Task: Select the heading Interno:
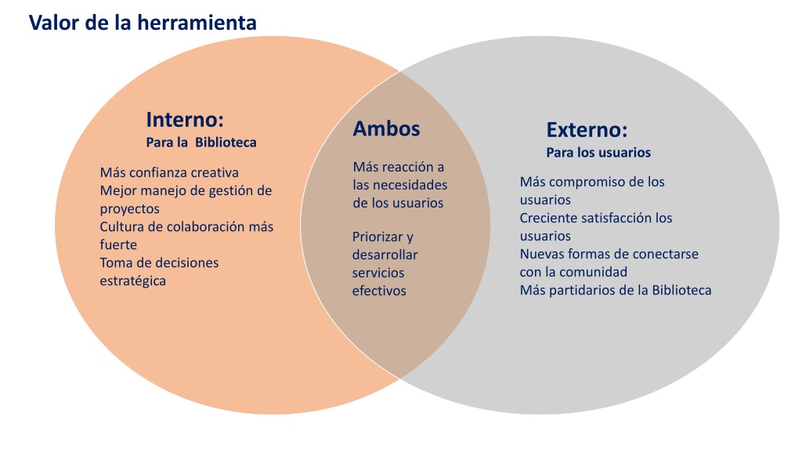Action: point(185,120)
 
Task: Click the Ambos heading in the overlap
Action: point(386,129)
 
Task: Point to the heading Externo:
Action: point(587,130)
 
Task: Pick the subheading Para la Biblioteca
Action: point(201,143)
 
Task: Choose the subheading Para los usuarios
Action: point(598,153)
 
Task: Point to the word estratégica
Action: point(132,281)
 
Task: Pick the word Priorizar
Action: point(378,237)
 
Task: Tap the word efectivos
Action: point(379,291)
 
